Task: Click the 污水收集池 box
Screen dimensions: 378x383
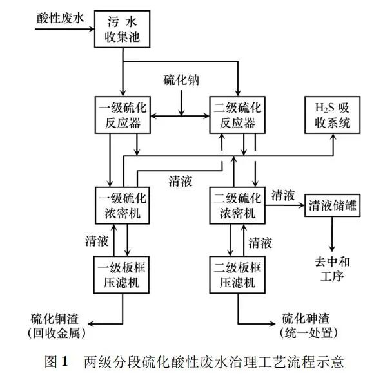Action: pyautogui.click(x=123, y=29)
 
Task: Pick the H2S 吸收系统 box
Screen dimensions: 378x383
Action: pyautogui.click(x=331, y=114)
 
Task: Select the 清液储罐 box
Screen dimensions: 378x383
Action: pyautogui.click(x=331, y=207)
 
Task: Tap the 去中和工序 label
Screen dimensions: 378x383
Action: pyautogui.click(x=331, y=269)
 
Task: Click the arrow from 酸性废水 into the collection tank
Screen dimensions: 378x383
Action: pyautogui.click(x=64, y=29)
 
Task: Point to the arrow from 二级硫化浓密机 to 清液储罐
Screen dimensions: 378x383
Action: pyautogui.click(x=284, y=206)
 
